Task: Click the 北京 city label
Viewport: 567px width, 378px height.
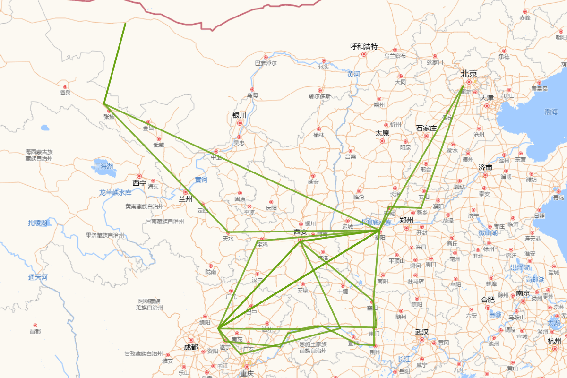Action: pos(469,74)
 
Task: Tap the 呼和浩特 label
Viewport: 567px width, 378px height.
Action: pos(364,47)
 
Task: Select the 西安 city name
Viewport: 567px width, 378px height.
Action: pos(301,232)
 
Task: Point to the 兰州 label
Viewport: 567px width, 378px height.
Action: pos(185,199)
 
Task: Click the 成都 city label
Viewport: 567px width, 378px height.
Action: pos(191,347)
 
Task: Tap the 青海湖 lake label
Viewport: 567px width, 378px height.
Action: pos(103,166)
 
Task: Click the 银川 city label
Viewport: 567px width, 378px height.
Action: pos(239,115)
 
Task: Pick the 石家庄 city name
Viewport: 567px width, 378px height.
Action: pos(426,128)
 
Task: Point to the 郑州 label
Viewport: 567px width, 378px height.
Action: pos(406,220)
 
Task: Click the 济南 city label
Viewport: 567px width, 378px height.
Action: pos(485,167)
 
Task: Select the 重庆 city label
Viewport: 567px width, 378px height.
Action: pos(246,373)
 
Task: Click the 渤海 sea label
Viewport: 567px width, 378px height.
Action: pos(551,112)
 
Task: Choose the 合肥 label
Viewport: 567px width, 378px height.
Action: pos(488,300)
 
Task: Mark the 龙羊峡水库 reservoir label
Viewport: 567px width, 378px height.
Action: pos(115,193)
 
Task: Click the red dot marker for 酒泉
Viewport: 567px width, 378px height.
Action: pos(65,87)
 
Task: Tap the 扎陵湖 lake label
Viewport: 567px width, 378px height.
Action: pos(37,223)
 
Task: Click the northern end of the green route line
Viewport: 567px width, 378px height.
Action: pos(125,23)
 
